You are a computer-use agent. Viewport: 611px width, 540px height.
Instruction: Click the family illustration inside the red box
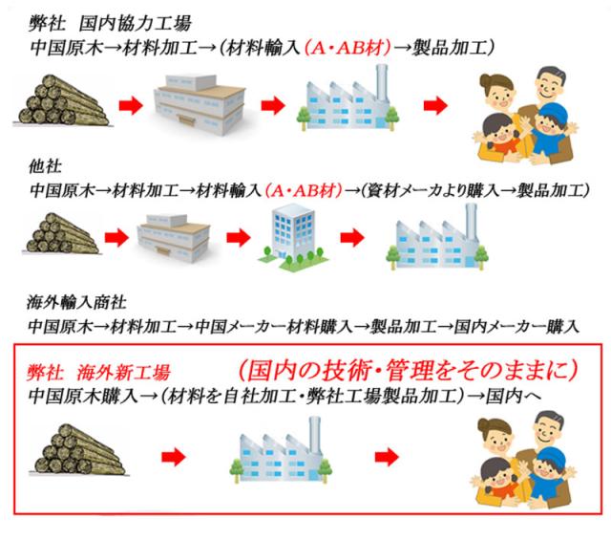[x=531, y=449]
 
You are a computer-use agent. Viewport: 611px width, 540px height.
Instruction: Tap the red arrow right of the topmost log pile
[x=140, y=102]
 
